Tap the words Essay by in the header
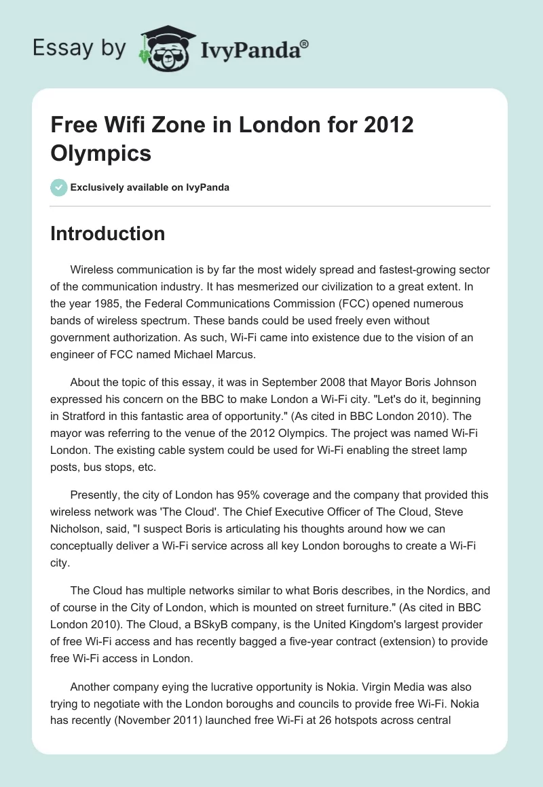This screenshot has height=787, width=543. tap(80, 49)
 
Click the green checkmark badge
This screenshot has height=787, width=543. tap(58, 187)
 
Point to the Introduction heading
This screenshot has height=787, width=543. tap(108, 233)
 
